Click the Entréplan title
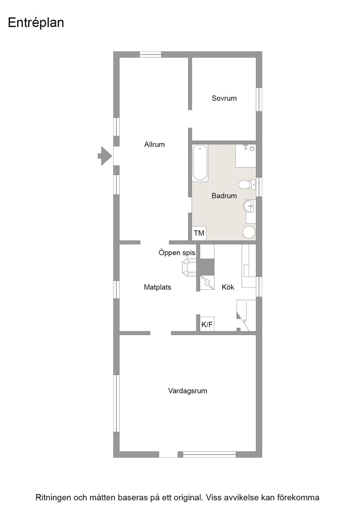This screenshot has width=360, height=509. [36, 23]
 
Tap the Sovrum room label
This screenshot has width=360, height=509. [224, 98]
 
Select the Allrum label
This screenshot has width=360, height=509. [154, 144]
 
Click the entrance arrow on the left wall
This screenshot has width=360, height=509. [105, 156]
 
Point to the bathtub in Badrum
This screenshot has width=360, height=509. [200, 163]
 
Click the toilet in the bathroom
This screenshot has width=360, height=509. [246, 185]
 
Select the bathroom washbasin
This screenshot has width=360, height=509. [249, 205]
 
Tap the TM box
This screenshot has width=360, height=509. [199, 233]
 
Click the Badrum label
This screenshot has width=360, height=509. [224, 196]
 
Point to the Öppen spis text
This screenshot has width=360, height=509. [177, 253]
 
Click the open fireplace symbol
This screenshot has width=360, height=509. [189, 268]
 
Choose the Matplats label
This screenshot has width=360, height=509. [157, 287]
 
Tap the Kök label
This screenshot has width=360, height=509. [228, 287]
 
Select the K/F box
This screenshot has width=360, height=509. [207, 324]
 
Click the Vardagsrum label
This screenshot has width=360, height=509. [188, 390]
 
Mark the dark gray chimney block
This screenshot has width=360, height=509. [206, 267]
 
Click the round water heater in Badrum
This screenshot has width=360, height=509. [249, 232]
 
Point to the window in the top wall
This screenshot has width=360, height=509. [150, 55]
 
